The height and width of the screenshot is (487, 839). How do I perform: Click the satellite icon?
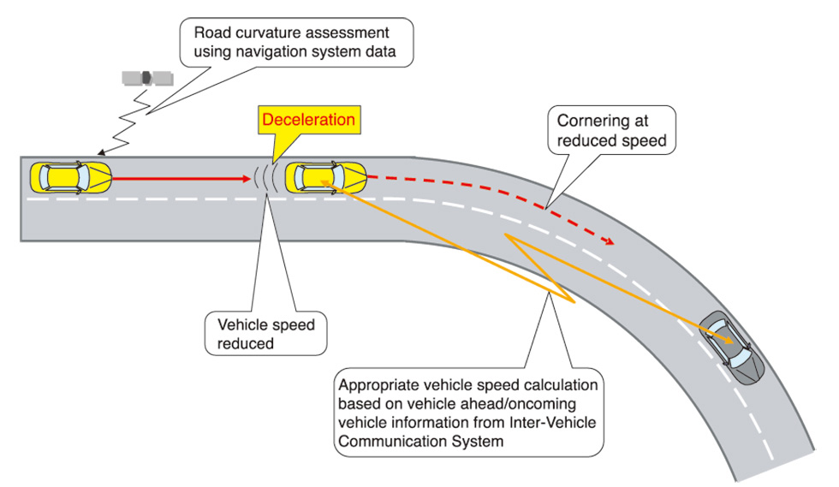pyautogui.click(x=146, y=78)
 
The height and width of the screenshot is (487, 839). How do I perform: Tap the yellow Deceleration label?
pyautogui.click(x=308, y=120)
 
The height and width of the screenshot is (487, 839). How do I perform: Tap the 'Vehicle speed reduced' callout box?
pyautogui.click(x=266, y=334)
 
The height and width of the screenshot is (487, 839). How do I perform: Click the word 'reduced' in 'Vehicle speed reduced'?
pyautogui.click(x=246, y=344)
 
